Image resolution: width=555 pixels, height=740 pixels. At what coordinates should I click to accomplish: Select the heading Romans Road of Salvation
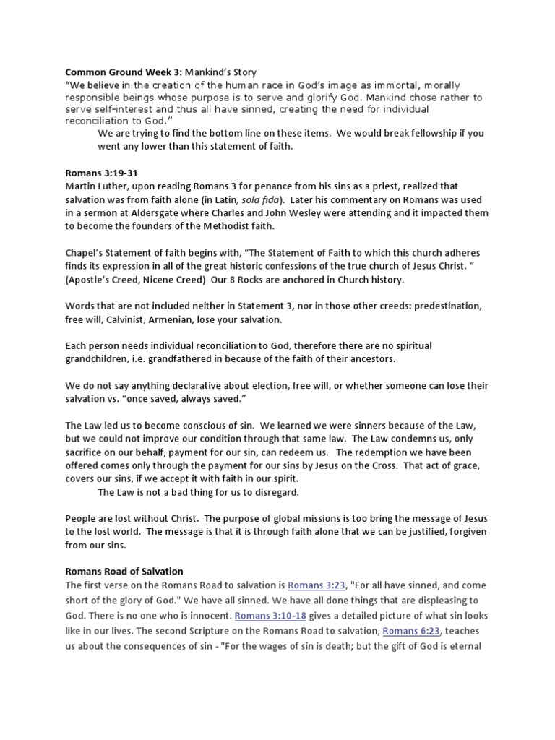[x=124, y=572]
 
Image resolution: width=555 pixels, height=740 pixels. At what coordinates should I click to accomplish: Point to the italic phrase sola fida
[x=270, y=199]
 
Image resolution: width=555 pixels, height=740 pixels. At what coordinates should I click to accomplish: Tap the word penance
[x=261, y=186]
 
